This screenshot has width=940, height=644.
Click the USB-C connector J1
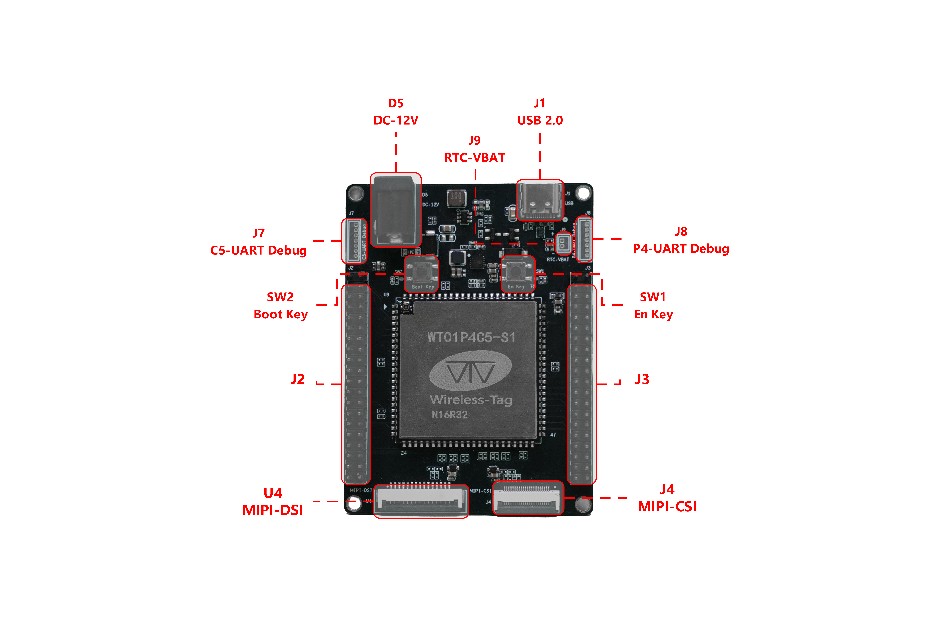coord(540,200)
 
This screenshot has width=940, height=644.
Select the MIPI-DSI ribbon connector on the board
coord(421,501)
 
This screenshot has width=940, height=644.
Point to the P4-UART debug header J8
coord(584,239)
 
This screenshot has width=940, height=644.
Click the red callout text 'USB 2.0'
coord(540,120)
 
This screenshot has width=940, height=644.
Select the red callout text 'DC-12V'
coord(396,120)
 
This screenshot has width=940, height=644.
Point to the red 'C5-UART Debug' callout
coord(258,250)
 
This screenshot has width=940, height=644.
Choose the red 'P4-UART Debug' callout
coord(681,249)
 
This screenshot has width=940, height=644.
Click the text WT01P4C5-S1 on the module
coord(471,337)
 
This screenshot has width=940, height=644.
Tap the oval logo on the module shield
coord(470,370)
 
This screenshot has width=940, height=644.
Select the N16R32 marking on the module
coord(449,415)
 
